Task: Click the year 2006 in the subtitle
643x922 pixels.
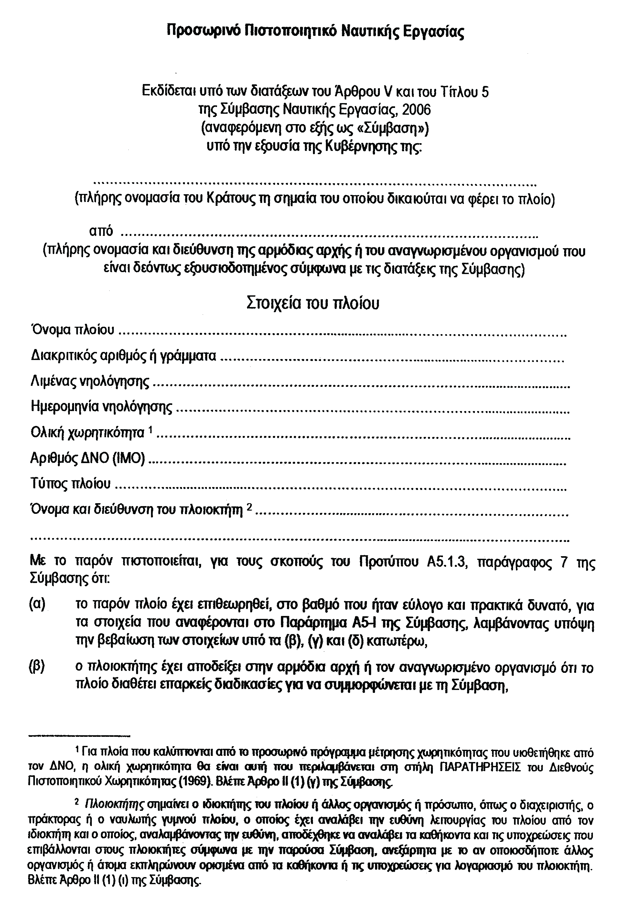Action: pyautogui.click(x=416, y=110)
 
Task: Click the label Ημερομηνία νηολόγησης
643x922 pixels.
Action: pyautogui.click(x=102, y=407)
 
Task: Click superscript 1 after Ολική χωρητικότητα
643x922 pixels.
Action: pyautogui.click(x=150, y=430)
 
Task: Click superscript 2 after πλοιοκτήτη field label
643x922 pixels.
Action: pyautogui.click(x=249, y=507)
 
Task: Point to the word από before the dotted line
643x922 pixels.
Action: pyautogui.click(x=101, y=232)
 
